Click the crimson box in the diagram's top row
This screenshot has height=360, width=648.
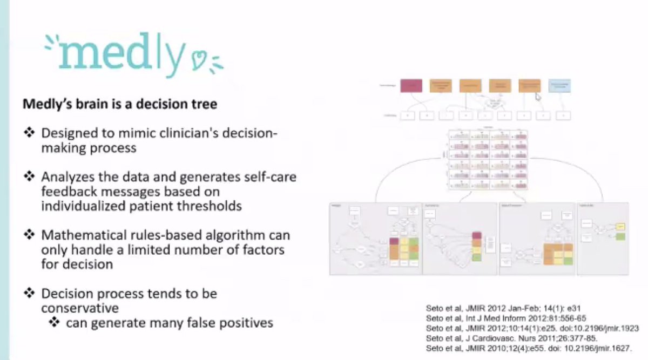point(411,86)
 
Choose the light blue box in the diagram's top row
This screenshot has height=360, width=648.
point(559,86)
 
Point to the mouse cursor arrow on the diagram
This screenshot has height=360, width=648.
point(538,97)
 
